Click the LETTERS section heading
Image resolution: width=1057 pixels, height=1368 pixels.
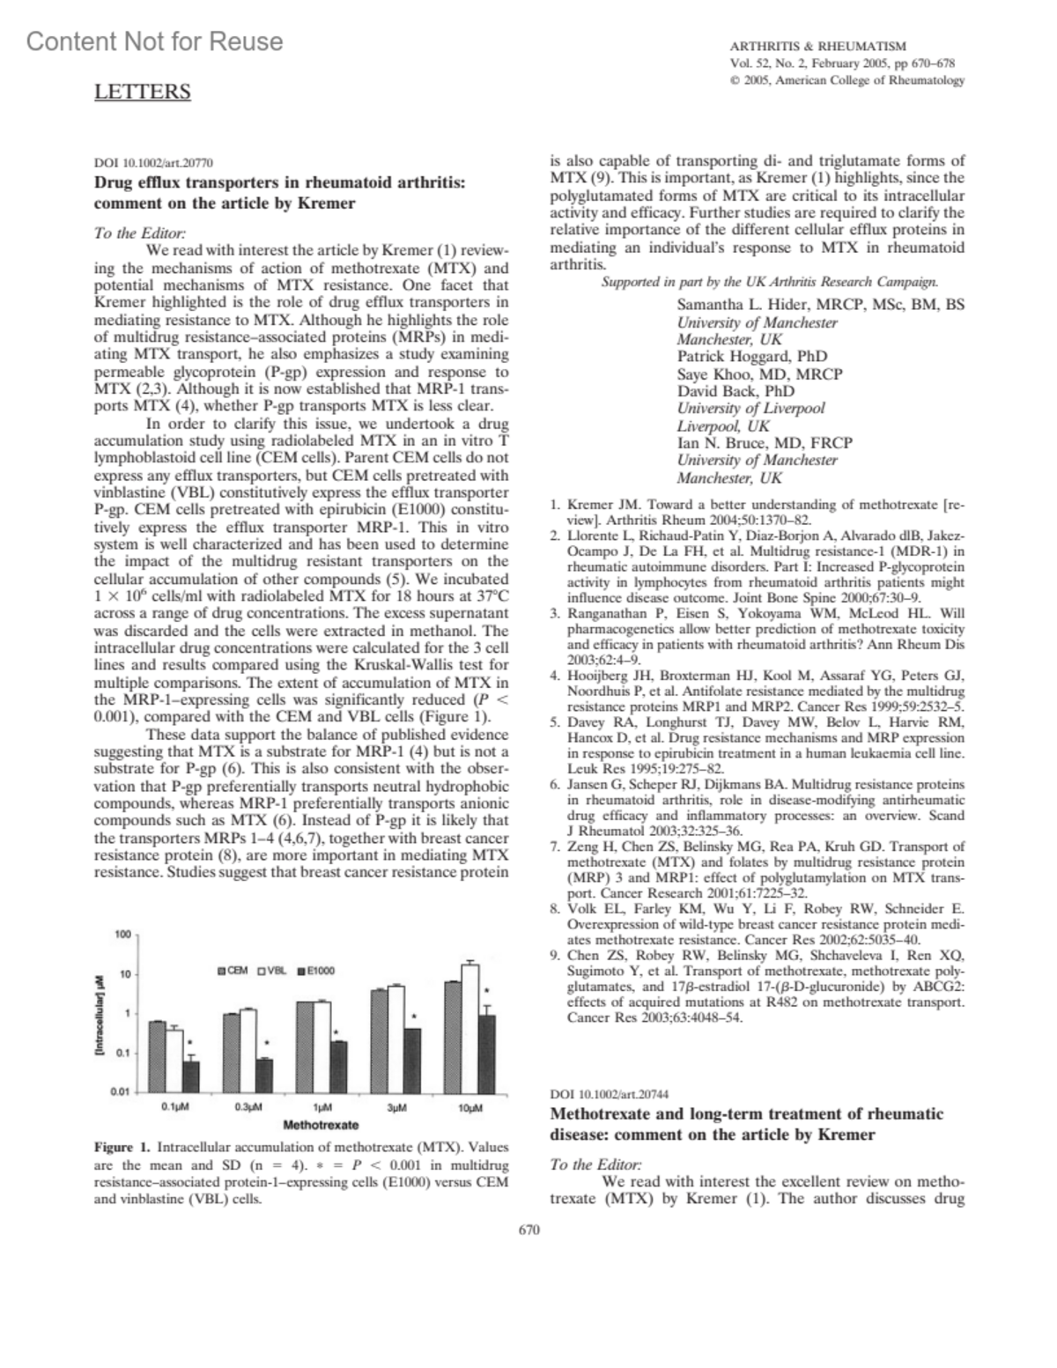[x=142, y=92]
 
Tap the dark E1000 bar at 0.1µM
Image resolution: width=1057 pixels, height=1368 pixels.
[x=191, y=1076]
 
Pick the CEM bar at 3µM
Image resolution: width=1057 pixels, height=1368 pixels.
[x=379, y=1040]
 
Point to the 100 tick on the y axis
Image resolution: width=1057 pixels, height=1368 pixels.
[x=122, y=934]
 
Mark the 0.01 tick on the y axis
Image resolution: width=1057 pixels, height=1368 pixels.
[x=120, y=1091]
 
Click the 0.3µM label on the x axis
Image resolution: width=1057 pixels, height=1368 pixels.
[x=248, y=1106]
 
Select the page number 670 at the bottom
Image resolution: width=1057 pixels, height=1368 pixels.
[x=528, y=1230]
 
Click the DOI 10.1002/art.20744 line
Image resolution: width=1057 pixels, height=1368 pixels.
[x=608, y=1095]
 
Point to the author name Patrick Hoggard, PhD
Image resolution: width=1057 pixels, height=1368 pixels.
[x=751, y=357]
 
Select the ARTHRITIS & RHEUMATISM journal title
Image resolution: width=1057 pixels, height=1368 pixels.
[x=817, y=46]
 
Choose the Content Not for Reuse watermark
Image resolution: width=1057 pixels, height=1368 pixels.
[x=155, y=41]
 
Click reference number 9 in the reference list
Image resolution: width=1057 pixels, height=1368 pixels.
[x=555, y=955]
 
